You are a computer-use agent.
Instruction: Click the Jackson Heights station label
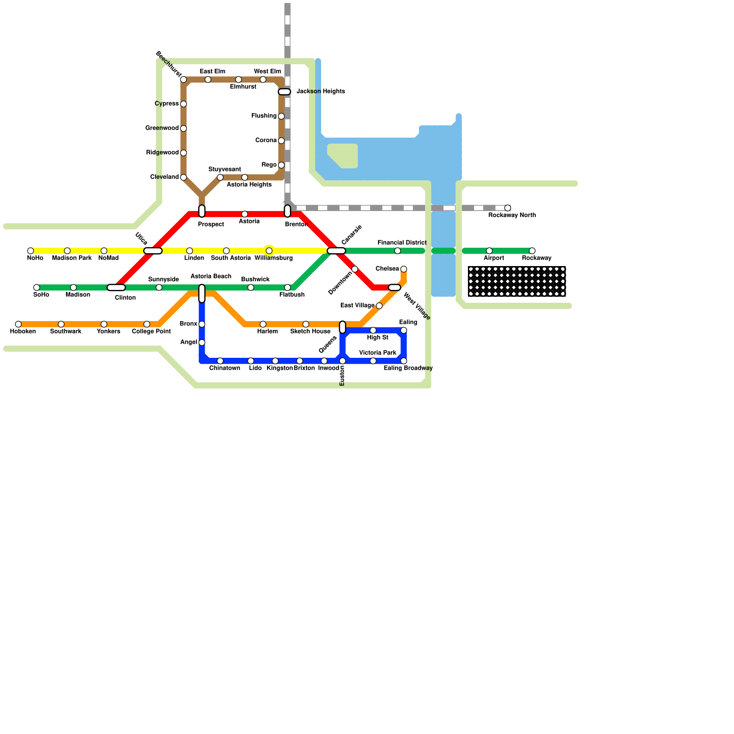point(320,92)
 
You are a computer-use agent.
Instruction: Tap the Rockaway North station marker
point(507,208)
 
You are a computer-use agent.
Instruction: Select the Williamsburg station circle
point(269,251)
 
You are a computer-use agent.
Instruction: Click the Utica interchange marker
point(153,251)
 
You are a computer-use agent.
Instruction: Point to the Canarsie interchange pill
point(336,251)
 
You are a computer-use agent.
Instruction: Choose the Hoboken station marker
point(18,324)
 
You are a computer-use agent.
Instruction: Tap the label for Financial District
point(402,243)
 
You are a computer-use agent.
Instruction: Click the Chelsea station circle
point(404,269)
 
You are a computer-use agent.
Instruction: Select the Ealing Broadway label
point(408,368)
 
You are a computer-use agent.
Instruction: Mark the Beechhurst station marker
point(183,80)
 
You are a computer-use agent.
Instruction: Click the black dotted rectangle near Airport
point(517,281)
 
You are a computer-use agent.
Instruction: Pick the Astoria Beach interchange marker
point(202,294)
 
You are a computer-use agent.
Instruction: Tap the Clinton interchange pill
point(116,288)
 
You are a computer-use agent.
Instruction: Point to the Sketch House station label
point(310,332)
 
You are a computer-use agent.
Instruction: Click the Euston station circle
point(342,361)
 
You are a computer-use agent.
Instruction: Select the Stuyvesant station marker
point(220,178)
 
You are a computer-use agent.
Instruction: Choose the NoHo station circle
point(31,251)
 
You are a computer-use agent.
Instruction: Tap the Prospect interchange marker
point(202,211)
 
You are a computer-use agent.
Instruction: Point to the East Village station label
point(357,306)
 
